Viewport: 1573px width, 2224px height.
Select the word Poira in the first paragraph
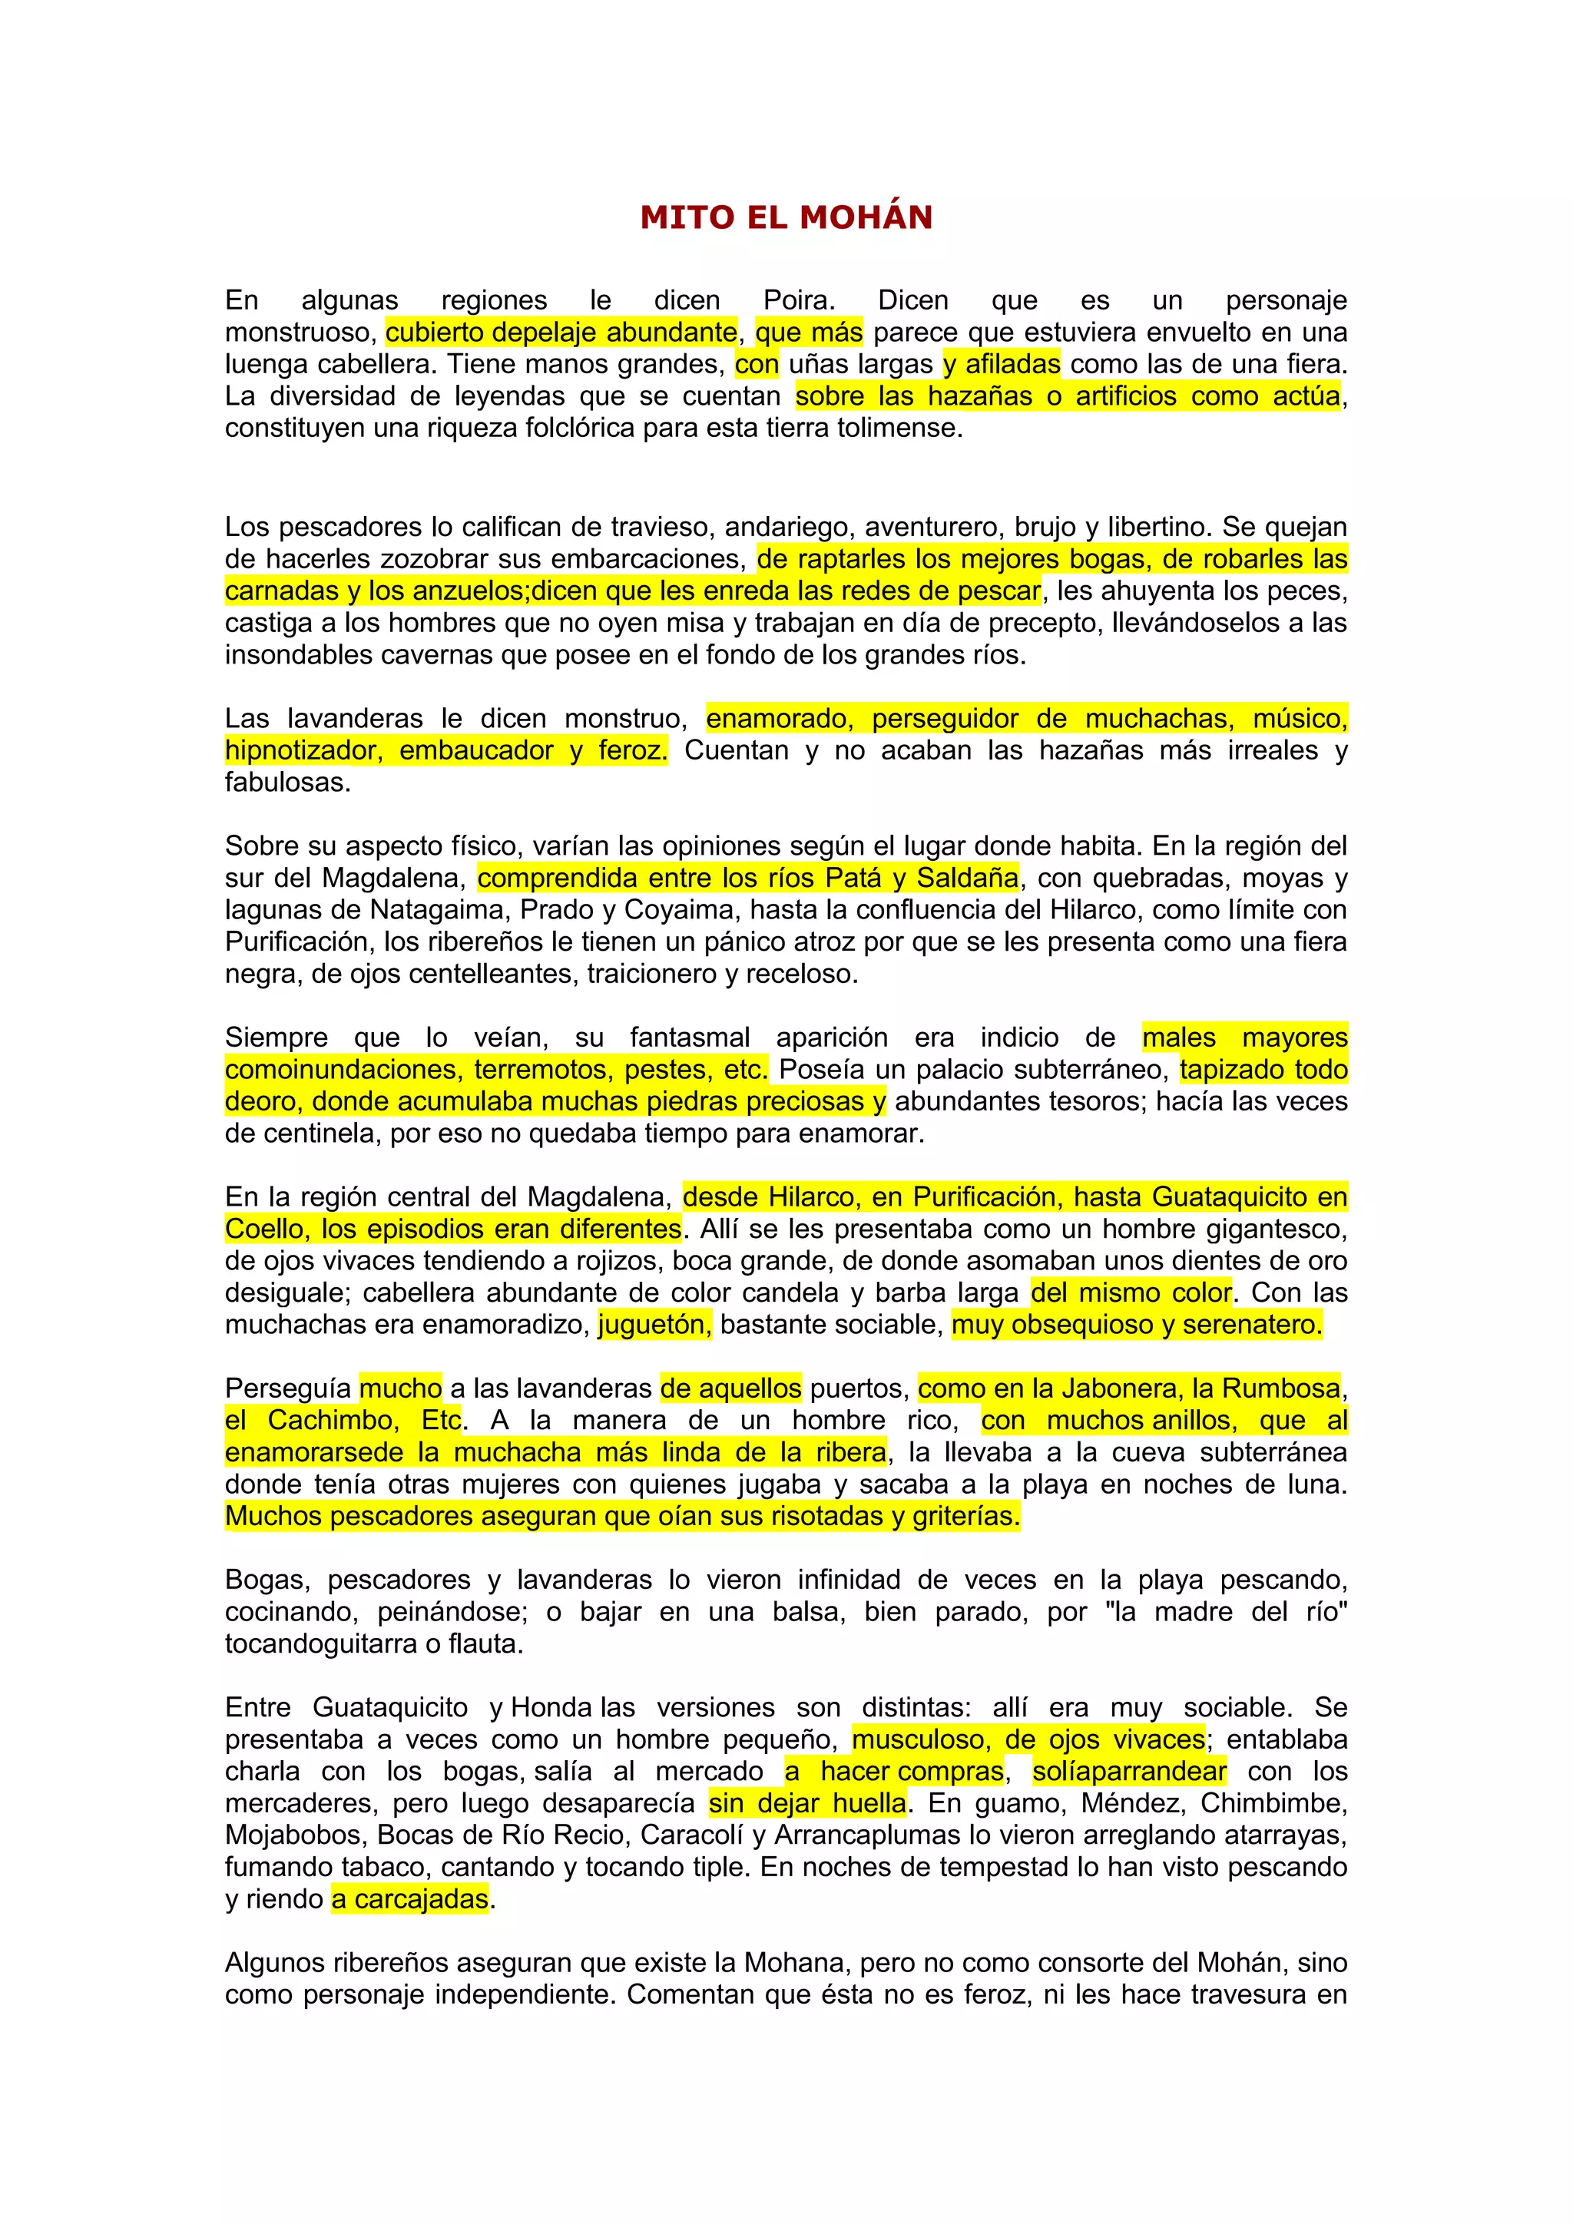click(797, 300)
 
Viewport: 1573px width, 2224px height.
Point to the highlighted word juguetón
click(654, 1325)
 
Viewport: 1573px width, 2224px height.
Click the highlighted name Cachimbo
click(333, 1421)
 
